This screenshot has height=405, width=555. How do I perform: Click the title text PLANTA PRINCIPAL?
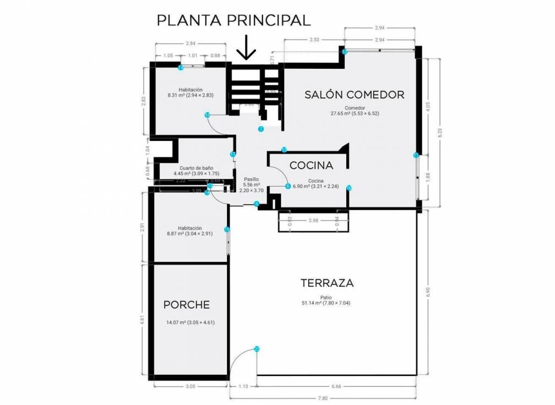click(x=234, y=20)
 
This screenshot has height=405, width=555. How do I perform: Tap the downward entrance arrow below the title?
click(x=246, y=48)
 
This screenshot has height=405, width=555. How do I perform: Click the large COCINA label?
click(x=311, y=165)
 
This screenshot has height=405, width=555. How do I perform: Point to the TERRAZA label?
click(x=327, y=283)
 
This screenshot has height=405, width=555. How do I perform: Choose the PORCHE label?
click(x=187, y=304)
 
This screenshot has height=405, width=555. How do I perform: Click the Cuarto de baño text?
click(x=196, y=168)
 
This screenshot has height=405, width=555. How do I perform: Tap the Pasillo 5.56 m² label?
click(x=251, y=185)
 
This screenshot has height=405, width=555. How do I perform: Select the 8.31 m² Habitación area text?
click(x=191, y=95)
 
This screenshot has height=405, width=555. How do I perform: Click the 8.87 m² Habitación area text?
click(x=190, y=233)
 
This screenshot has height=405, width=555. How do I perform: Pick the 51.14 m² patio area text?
click(x=327, y=303)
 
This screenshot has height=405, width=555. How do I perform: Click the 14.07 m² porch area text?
click(x=189, y=322)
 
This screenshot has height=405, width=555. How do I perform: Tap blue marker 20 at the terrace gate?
click(x=257, y=348)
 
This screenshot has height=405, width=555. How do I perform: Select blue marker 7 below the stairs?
click(x=261, y=129)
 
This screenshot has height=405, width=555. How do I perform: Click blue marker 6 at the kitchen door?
click(x=288, y=186)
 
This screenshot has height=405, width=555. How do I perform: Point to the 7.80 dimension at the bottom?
click(x=323, y=398)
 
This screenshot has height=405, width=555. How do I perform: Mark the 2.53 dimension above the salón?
click(x=314, y=40)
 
